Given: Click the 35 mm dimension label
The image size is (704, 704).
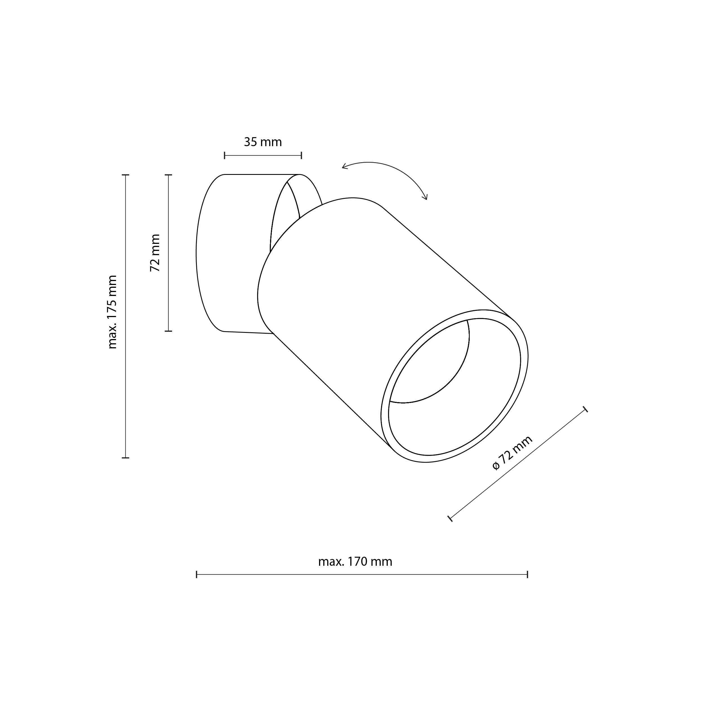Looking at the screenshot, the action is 263,142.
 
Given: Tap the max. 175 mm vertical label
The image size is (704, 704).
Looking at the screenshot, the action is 112,312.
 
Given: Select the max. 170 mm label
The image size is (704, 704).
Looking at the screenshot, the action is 355,562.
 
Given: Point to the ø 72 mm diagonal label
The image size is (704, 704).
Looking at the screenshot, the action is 512,453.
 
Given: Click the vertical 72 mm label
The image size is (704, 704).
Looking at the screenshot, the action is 155,253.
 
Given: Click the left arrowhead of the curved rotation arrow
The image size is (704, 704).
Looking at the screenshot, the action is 344,167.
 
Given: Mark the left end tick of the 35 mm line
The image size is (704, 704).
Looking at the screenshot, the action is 224,156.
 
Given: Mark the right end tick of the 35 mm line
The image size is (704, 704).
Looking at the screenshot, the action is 301,156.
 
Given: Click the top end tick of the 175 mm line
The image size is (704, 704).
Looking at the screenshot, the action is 125,175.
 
